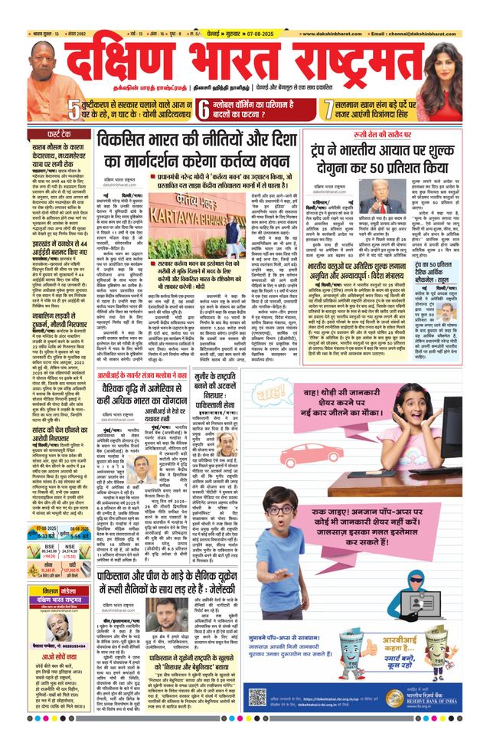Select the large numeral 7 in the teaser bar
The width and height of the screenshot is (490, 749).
click(x=327, y=109)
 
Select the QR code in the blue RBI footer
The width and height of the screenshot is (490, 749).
click(x=256, y=698)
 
